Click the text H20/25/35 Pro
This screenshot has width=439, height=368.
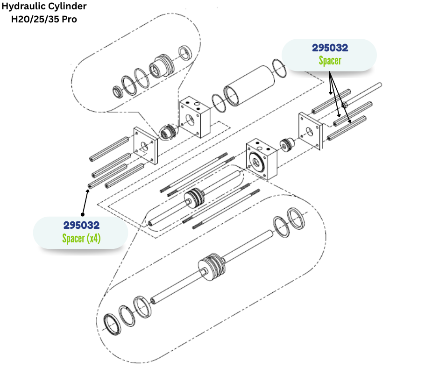point(44,20)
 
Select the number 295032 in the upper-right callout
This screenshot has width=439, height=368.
point(330,48)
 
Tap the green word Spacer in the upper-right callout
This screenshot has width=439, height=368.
point(330,61)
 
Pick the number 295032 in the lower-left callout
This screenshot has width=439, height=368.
point(81,225)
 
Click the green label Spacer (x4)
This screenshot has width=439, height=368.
point(81,238)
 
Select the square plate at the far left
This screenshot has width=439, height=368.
point(145,145)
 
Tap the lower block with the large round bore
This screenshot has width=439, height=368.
point(262,159)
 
